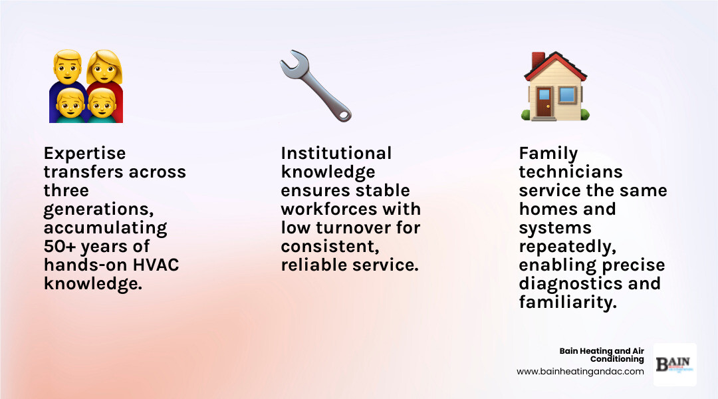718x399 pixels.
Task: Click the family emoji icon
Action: (x=86, y=86)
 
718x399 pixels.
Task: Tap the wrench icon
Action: (x=315, y=86)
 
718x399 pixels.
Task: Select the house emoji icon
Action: (x=554, y=86)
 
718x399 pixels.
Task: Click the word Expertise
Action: (x=84, y=153)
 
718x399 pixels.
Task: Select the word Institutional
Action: (x=336, y=153)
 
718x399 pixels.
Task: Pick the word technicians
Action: (x=570, y=172)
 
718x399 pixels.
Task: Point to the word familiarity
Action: (x=566, y=302)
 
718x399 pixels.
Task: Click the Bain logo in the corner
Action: (x=674, y=364)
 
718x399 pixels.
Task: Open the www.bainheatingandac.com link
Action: (x=580, y=372)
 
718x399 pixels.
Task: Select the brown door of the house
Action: (x=544, y=106)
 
